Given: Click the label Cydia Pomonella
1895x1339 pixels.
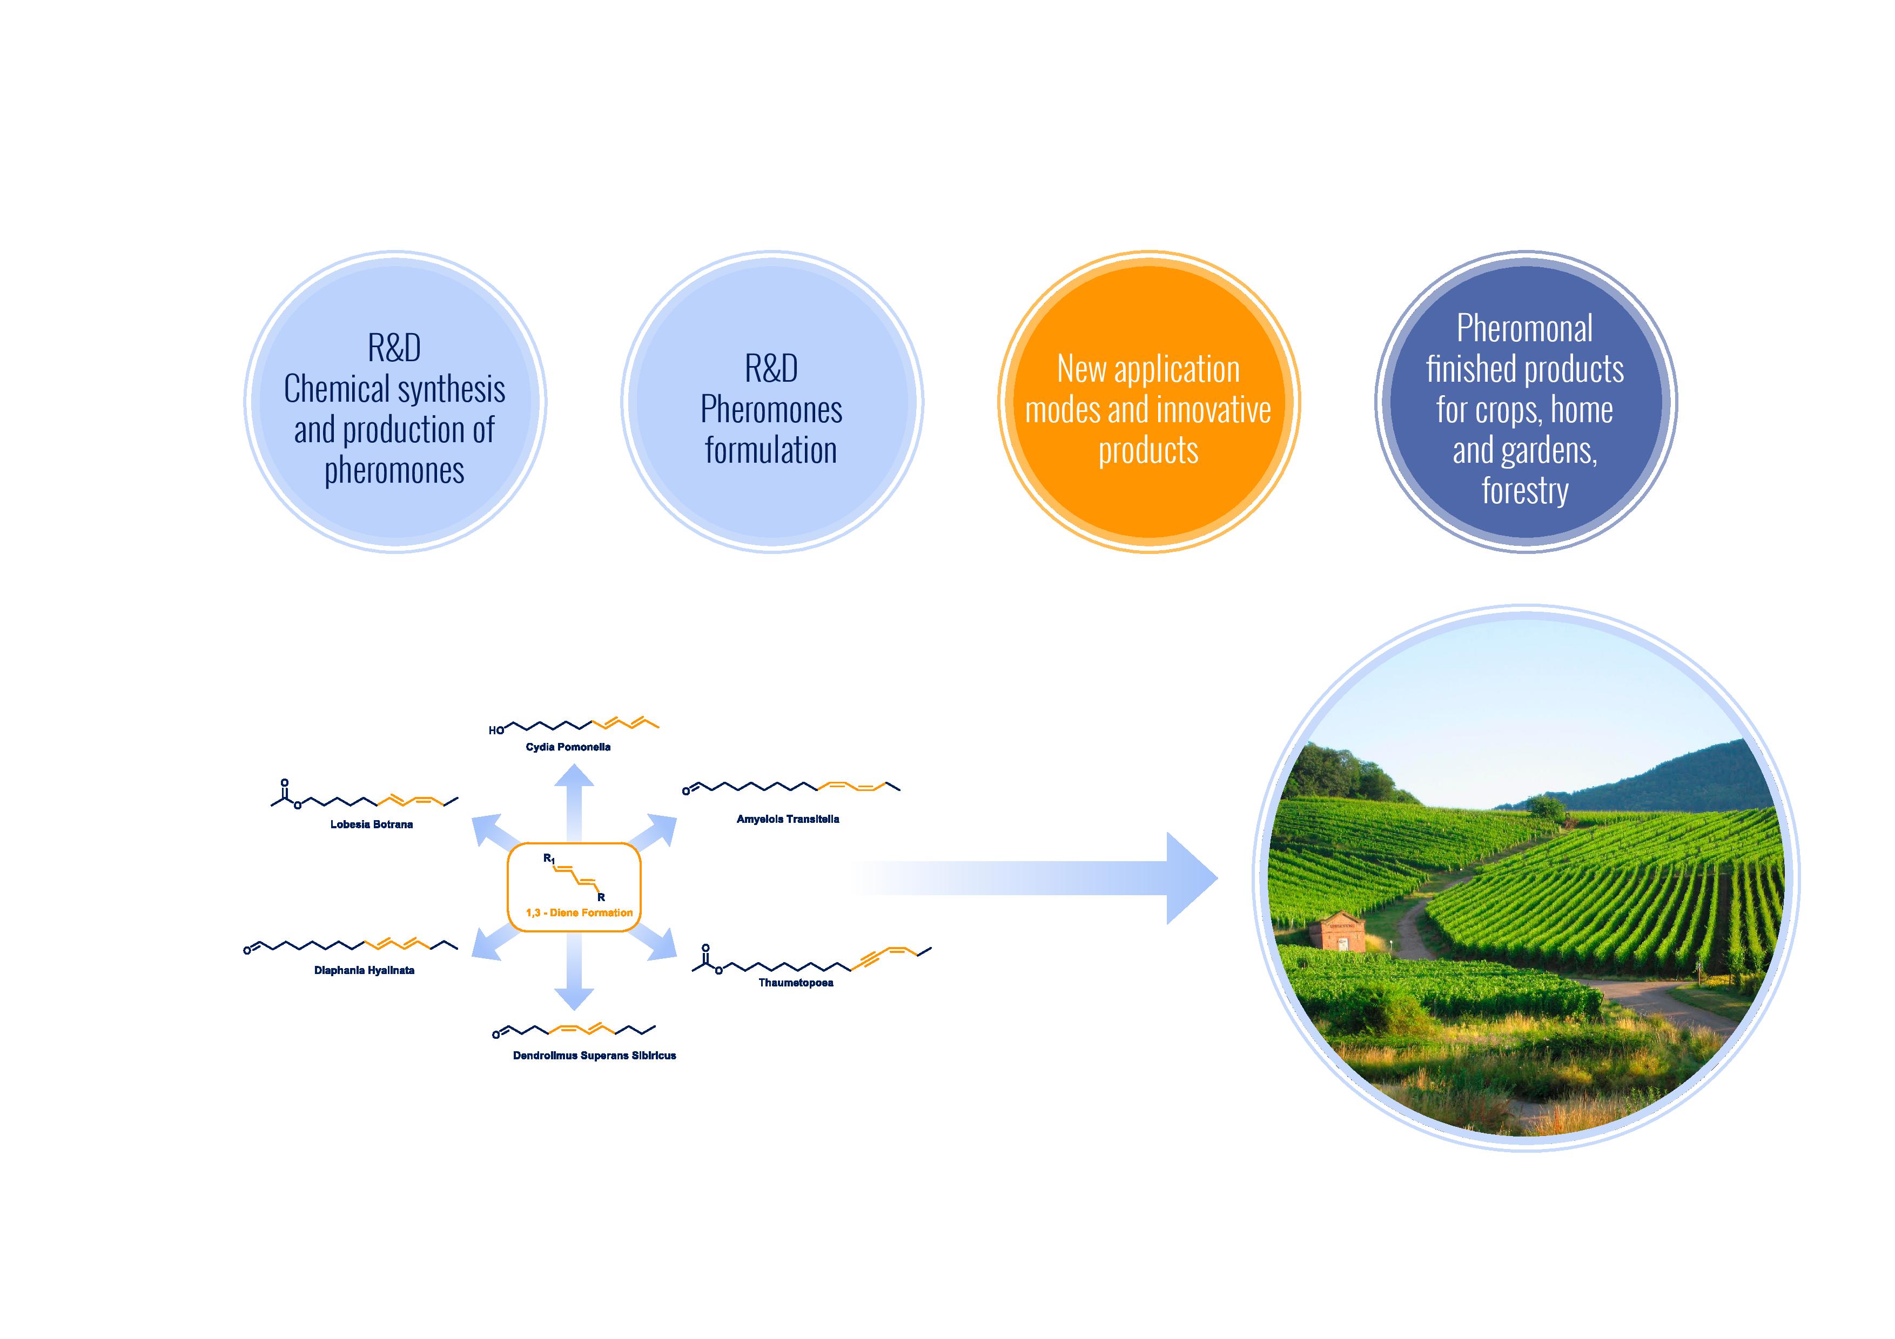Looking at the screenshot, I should tap(568, 747).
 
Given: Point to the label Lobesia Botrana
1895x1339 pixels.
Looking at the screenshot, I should tap(372, 824).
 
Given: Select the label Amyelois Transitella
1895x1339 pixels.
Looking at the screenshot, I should tap(788, 819).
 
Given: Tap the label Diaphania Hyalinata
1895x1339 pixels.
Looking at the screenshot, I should tap(364, 970).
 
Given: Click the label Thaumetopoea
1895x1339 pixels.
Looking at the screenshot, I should tap(796, 983).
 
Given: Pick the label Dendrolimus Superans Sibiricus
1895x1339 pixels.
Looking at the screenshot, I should tap(594, 1055).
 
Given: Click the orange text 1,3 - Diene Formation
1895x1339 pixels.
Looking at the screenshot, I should tap(580, 912).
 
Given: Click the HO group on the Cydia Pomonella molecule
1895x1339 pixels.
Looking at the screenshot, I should tap(496, 730).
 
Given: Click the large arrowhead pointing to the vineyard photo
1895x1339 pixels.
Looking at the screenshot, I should tap(1188, 878).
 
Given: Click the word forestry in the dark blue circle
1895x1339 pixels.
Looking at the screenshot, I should tap(1524, 491).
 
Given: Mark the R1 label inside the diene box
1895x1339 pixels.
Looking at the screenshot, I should tap(549, 859).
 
